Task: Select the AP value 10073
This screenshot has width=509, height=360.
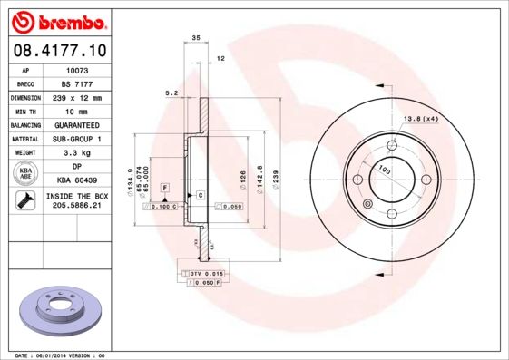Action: pyautogui.click(x=76, y=69)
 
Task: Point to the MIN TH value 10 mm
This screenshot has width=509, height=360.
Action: pyautogui.click(x=76, y=111)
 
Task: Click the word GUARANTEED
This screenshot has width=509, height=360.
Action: pyautogui.click(x=76, y=124)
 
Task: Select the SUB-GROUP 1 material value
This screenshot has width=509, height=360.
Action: pyautogui.click(x=76, y=139)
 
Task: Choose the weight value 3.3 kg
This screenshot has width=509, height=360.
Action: pyautogui.click(x=76, y=153)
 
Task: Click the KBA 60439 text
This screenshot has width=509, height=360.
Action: pyautogui.click(x=76, y=180)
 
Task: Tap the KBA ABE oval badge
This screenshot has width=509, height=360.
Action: pyautogui.click(x=25, y=173)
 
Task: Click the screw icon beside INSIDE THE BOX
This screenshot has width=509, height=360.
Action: pyautogui.click(x=25, y=201)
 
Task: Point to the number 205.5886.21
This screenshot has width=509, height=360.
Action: pyautogui.click(x=76, y=206)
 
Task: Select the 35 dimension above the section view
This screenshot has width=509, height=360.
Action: pyautogui.click(x=196, y=37)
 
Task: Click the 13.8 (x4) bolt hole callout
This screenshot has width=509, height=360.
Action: pyautogui.click(x=420, y=119)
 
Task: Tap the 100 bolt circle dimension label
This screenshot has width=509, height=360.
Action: pyautogui.click(x=384, y=170)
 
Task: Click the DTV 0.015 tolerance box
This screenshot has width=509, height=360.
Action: pyautogui.click(x=207, y=273)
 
